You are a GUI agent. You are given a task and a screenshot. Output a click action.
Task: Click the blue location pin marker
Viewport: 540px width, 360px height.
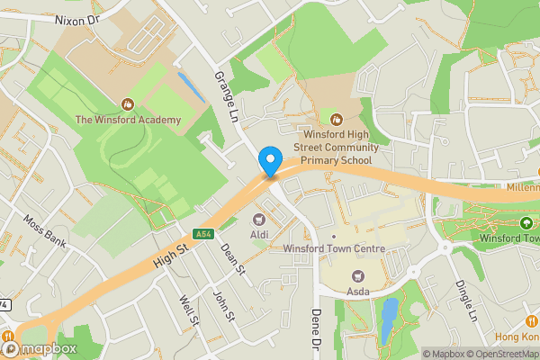(269, 161)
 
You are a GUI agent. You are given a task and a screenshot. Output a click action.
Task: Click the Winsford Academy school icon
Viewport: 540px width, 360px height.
(127, 104)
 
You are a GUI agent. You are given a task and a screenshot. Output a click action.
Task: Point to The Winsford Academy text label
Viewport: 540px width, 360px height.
(127, 120)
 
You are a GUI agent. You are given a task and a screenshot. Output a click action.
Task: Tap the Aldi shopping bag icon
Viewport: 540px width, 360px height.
(260, 219)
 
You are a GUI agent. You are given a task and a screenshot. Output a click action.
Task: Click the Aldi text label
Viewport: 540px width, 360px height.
(260, 234)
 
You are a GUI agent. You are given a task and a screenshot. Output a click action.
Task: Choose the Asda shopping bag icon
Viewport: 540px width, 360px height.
(358, 276)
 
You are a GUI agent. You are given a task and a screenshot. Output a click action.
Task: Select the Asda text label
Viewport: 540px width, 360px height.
(358, 292)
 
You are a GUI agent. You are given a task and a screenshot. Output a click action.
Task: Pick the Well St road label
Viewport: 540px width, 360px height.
(187, 311)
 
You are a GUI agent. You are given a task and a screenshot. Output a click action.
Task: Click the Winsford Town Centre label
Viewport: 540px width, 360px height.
(334, 248)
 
